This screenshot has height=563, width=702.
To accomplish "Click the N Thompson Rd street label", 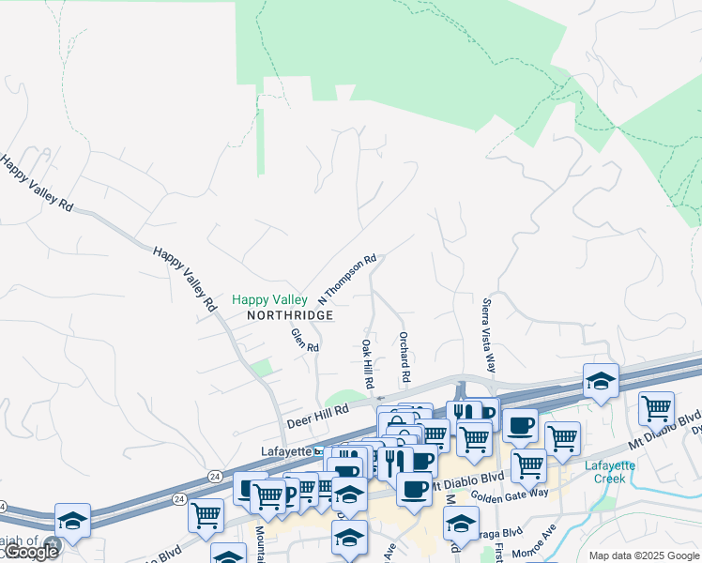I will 347,279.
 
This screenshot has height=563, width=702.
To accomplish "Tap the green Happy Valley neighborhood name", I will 269,300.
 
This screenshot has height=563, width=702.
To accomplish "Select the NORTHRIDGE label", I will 291,316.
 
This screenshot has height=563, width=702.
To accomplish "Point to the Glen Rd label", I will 305,339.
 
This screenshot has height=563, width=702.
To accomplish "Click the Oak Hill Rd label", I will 368,367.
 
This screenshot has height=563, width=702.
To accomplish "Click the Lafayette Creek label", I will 610,472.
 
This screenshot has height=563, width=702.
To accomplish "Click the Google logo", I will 30,552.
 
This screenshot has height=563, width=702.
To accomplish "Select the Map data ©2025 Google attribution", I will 644,555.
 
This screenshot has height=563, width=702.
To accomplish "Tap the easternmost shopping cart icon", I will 656,408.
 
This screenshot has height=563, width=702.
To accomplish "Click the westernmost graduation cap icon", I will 72,519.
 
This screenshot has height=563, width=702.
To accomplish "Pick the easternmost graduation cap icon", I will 601,381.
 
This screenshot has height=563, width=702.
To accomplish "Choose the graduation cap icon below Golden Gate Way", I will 461,522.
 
